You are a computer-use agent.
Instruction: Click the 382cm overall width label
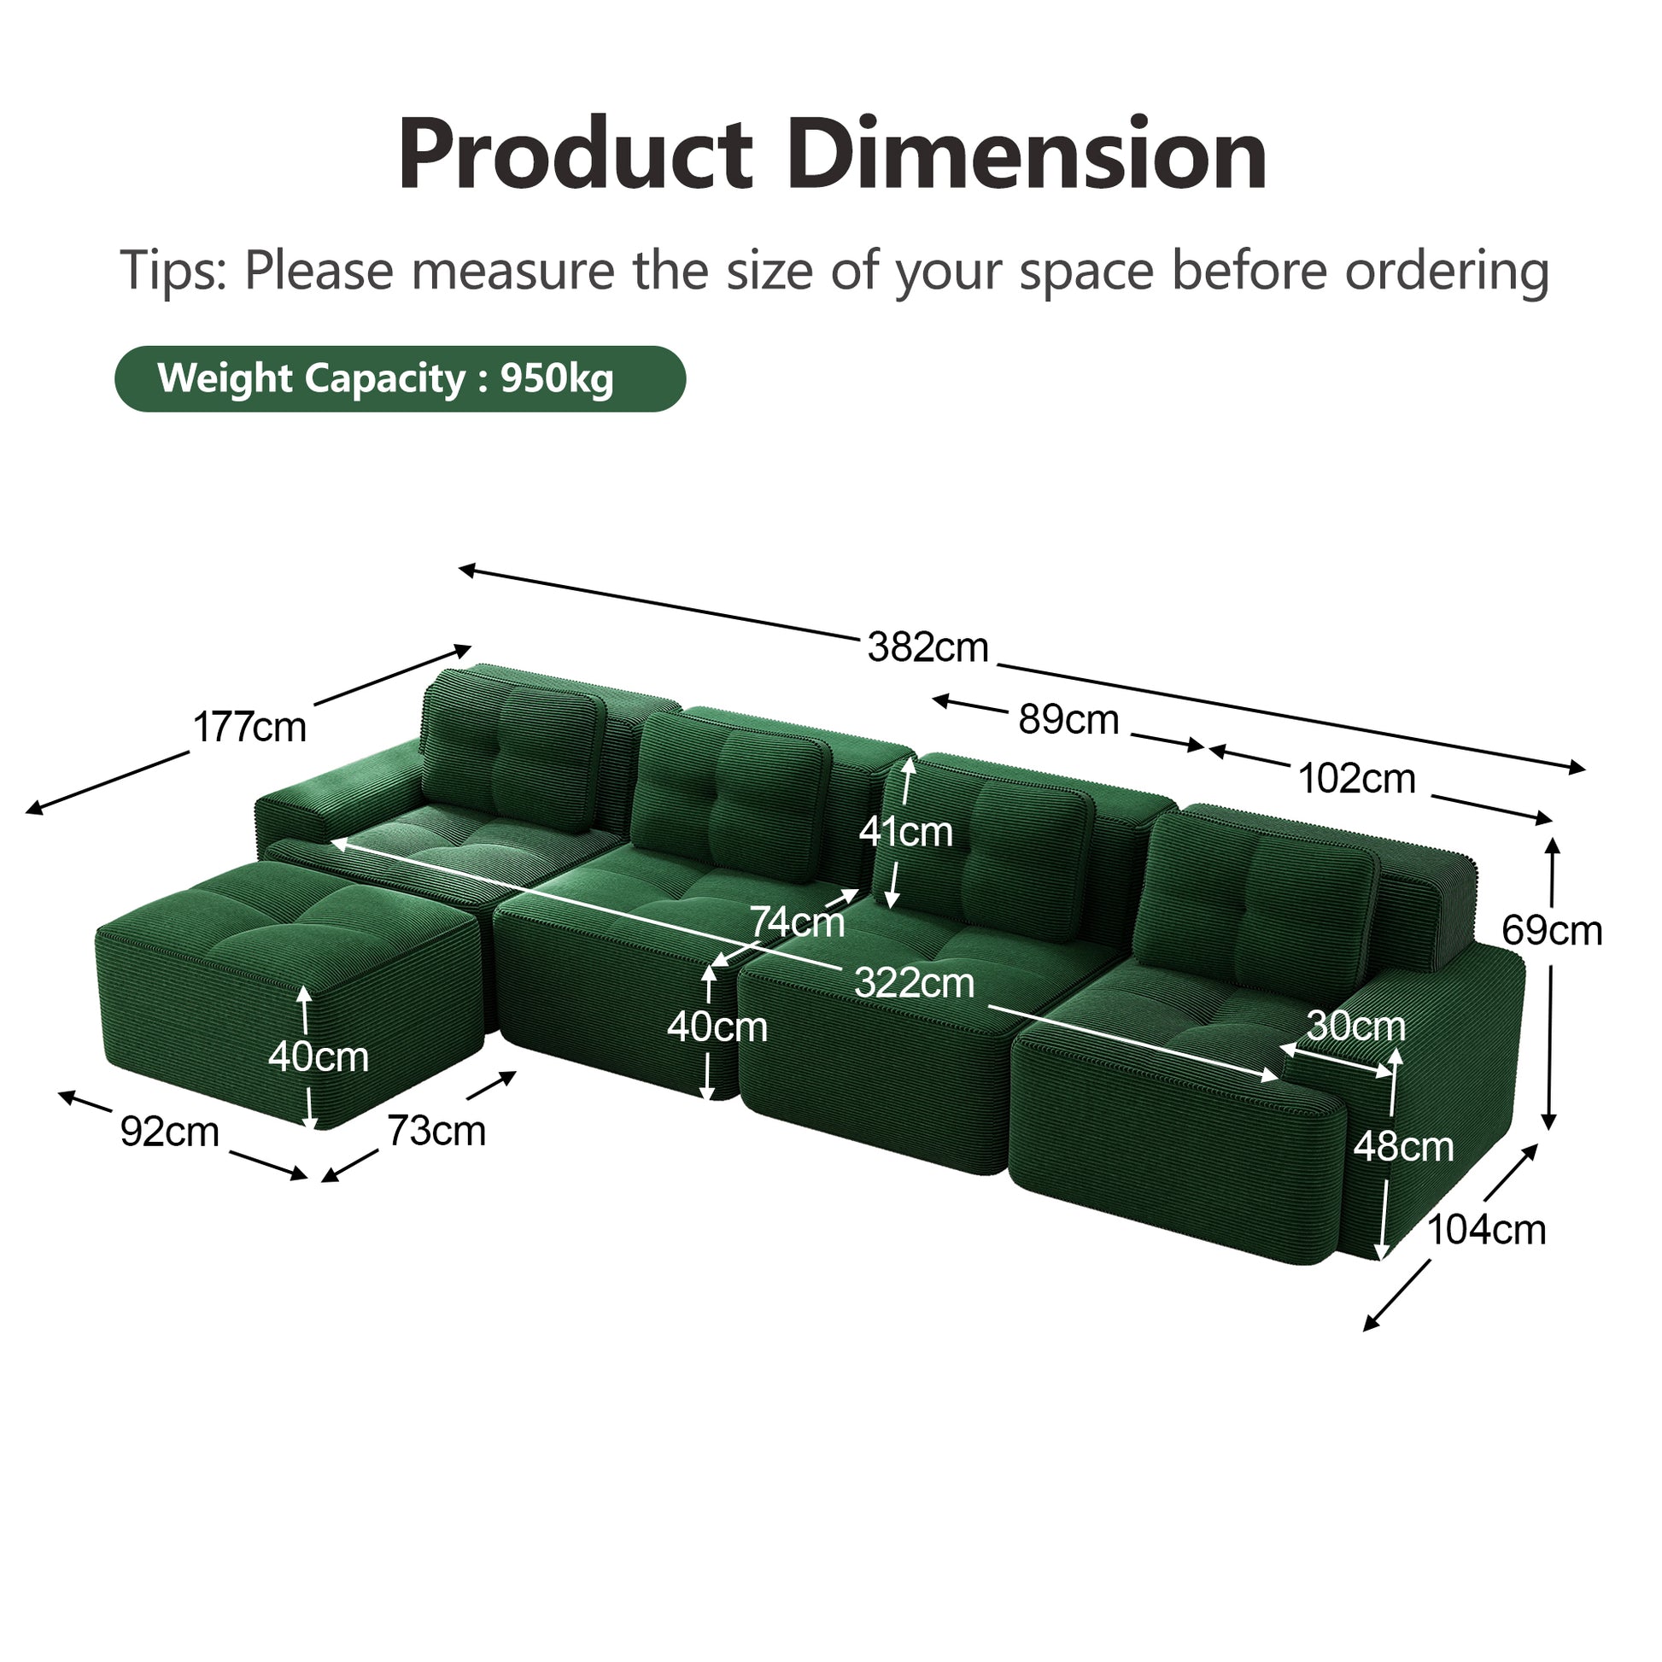click(x=928, y=647)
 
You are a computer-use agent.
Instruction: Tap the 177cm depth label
click(x=249, y=727)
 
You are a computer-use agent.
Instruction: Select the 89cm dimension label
click(x=1068, y=719)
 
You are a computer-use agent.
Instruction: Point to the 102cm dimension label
click(x=1356, y=779)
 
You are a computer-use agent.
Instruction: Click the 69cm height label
click(x=1552, y=930)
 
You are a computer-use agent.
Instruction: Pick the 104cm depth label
click(x=1487, y=1230)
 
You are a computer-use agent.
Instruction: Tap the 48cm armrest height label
click(x=1404, y=1147)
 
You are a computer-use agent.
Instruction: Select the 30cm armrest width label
click(x=1355, y=1025)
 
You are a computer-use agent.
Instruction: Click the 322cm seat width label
click(x=915, y=982)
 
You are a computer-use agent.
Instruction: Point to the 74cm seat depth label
click(x=798, y=922)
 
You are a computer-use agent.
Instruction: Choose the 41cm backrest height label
click(x=906, y=832)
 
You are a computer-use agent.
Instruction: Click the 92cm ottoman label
click(x=169, y=1132)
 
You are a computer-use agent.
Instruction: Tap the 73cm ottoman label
click(x=436, y=1131)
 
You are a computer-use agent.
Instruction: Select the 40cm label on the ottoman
click(x=319, y=1056)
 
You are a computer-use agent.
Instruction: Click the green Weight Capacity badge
click(x=400, y=378)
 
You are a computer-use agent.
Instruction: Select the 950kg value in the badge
click(x=556, y=378)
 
